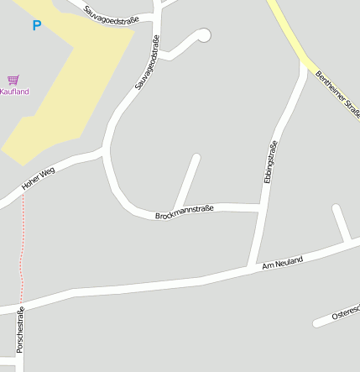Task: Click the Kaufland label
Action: [x=14, y=92]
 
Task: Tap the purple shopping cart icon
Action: [x=13, y=80]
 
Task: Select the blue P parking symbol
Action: [x=36, y=26]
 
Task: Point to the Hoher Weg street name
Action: [x=38, y=181]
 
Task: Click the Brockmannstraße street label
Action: [x=185, y=212]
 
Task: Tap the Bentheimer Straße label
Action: [x=334, y=94]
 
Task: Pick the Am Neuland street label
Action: [x=282, y=263]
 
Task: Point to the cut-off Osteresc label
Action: [x=345, y=312]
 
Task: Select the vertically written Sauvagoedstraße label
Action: [x=147, y=63]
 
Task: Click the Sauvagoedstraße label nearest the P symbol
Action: [x=112, y=13]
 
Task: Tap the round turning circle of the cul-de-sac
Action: [x=202, y=35]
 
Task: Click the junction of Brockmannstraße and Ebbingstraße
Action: [x=259, y=207]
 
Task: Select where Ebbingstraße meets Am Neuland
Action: [x=250, y=267]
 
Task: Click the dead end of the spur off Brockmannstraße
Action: [x=196, y=156]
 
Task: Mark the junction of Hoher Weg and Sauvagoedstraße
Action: [x=102, y=152]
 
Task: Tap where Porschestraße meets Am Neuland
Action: [x=21, y=307]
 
